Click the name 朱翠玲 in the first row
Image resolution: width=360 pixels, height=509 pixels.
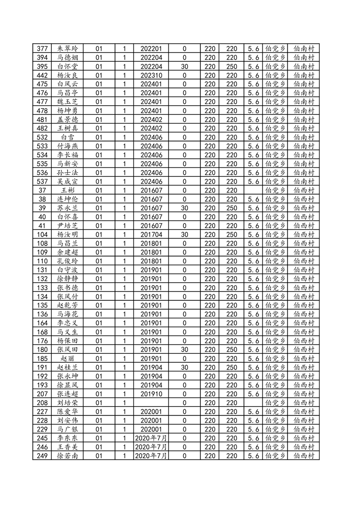point(68,49)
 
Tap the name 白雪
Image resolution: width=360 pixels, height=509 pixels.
point(68,137)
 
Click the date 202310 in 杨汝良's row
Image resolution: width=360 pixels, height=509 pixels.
point(151,75)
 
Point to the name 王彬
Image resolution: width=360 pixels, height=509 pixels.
point(68,190)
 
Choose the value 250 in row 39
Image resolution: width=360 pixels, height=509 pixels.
point(232,208)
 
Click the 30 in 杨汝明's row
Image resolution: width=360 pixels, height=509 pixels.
point(184,235)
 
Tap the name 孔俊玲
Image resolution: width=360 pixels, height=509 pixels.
point(68,261)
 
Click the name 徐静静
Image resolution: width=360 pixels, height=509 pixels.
point(68,279)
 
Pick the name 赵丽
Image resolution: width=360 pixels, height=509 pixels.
point(68,358)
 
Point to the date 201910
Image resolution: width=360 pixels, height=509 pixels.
point(151,394)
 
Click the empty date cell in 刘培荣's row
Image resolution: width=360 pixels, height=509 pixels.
point(151,402)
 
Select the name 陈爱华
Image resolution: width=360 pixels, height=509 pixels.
point(68,411)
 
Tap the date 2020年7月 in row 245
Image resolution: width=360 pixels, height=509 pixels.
point(151,438)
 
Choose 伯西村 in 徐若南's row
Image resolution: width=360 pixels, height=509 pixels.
point(304,455)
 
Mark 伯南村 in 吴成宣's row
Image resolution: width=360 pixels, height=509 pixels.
point(304,181)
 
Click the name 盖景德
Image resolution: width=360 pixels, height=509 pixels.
point(68,119)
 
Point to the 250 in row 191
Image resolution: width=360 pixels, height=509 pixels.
point(232,367)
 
